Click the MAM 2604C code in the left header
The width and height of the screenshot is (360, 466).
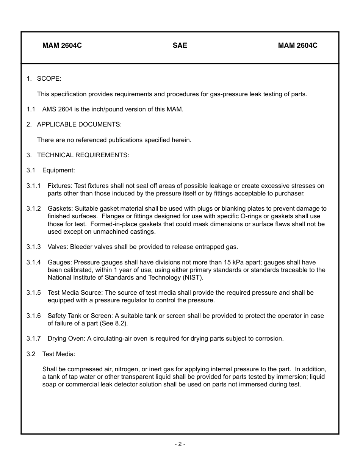click(62, 45)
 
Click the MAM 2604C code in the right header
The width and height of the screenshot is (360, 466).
click(297, 45)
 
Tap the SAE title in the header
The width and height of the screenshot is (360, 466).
click(180, 45)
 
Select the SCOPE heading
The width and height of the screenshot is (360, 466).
click(49, 79)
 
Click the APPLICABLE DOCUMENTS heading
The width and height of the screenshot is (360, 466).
click(79, 125)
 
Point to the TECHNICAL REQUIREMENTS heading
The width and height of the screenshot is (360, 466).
click(83, 155)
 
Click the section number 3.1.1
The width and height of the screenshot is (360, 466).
click(33, 186)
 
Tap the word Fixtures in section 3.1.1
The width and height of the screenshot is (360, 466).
click(59, 186)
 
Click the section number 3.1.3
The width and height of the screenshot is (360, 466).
click(33, 247)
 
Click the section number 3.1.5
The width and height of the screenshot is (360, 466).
click(33, 293)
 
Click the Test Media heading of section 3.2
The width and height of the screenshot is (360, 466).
click(59, 354)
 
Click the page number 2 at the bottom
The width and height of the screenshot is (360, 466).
click(180, 444)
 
